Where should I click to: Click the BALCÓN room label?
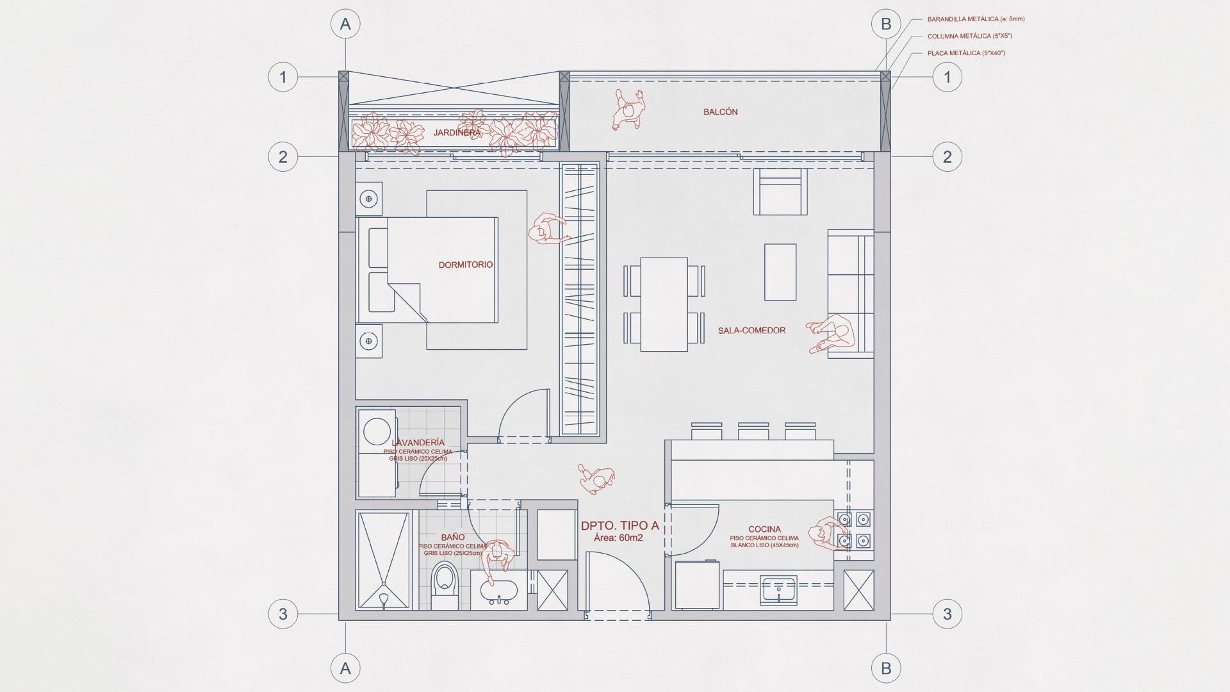(x=720, y=111)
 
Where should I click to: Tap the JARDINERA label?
(x=457, y=133)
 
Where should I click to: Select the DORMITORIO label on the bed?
(x=466, y=265)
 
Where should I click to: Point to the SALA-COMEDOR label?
(x=751, y=331)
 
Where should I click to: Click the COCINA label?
(x=764, y=529)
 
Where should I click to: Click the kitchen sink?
(x=778, y=589)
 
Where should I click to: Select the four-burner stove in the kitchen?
(x=854, y=531)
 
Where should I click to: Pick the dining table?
(x=664, y=304)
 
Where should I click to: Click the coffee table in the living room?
(x=780, y=272)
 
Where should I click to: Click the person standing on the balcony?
(x=627, y=109)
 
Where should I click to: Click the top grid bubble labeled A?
(x=345, y=24)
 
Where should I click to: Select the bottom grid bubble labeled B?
(x=886, y=668)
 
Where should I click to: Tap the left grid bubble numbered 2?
(x=283, y=156)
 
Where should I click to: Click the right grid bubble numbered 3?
(x=947, y=614)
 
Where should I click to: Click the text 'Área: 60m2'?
(x=618, y=538)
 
